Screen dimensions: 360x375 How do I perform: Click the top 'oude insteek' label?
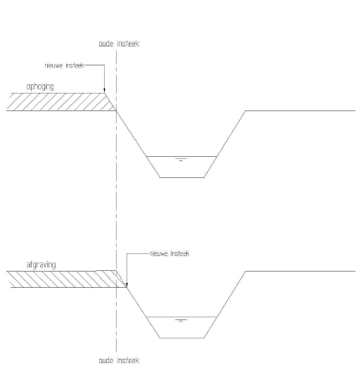[x=119, y=44]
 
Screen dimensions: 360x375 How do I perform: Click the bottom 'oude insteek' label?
[x=119, y=360]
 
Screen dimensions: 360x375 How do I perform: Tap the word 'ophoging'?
[x=40, y=87]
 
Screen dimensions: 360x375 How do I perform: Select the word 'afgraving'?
[x=41, y=265]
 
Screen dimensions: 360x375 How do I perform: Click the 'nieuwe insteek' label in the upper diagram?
[x=65, y=65]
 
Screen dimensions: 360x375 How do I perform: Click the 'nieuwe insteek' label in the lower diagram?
[x=169, y=253]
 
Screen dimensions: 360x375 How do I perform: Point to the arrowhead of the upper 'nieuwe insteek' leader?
[x=105, y=90]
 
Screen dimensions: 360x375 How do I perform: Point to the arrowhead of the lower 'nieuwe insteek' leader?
[x=127, y=285]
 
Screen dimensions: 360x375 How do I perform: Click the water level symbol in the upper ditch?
[x=181, y=160]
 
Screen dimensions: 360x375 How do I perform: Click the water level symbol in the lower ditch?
[x=181, y=320]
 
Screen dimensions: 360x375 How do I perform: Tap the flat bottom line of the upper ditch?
[x=182, y=177]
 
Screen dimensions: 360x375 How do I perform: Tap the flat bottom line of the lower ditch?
[x=182, y=338]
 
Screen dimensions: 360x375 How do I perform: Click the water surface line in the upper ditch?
[x=181, y=156]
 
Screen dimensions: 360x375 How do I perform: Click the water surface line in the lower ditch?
[x=181, y=317]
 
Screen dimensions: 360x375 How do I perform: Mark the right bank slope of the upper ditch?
[x=225, y=144]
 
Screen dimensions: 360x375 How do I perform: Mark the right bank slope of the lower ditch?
[x=225, y=305]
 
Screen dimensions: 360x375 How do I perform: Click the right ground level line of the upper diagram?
[x=301, y=110]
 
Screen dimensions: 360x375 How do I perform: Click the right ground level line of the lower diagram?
[x=301, y=271]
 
